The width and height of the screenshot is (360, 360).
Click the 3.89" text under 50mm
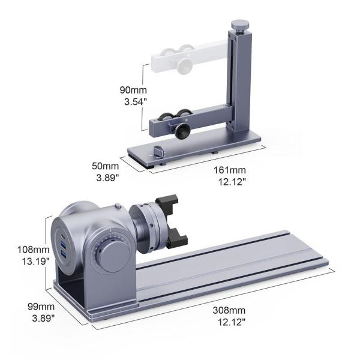coord(106,178)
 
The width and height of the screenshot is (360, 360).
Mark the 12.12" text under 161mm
coord(231,182)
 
